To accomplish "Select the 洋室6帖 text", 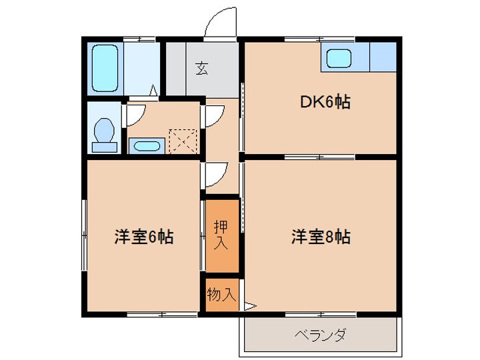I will click(145, 236).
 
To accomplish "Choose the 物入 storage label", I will click(221, 294).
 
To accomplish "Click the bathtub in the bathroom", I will click(105, 67).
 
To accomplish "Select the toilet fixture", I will click(104, 130).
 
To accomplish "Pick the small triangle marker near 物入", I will click(250, 306).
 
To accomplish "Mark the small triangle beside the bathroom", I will click(154, 90).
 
